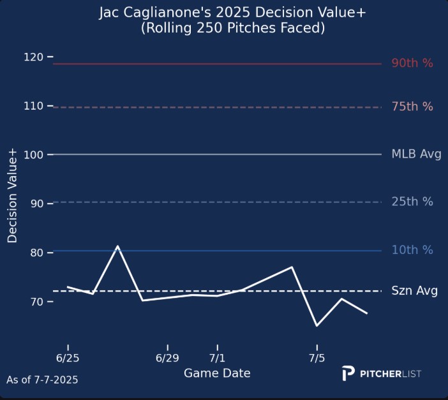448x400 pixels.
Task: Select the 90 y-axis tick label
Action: [x=37, y=204]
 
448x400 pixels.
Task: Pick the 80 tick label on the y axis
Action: [x=37, y=253]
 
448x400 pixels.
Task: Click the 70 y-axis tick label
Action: [x=37, y=301]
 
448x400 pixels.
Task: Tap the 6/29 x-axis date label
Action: [x=167, y=357]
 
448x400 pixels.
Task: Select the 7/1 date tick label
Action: [x=217, y=357]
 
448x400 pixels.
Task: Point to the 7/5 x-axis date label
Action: [x=317, y=357]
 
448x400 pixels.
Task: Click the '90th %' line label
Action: [x=412, y=63]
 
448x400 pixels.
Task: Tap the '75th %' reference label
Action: [x=412, y=107]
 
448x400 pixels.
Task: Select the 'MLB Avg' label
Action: [x=416, y=154]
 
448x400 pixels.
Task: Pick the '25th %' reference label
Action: [x=412, y=202]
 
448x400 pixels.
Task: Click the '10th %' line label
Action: [x=412, y=250]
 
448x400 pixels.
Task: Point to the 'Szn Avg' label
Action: [x=415, y=291]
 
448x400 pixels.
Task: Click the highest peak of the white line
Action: [x=117, y=246]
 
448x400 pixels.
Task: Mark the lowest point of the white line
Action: [x=317, y=325]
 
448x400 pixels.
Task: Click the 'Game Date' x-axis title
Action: [x=217, y=373]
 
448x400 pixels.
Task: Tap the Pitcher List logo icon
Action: [x=348, y=374]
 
